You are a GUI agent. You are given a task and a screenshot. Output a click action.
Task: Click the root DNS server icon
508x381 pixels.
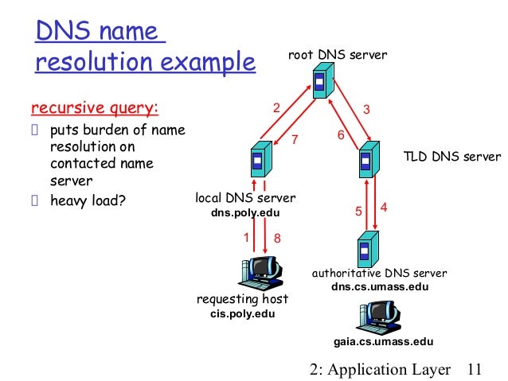coord(321,82)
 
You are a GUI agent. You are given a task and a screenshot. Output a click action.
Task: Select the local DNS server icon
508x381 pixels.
coord(258,161)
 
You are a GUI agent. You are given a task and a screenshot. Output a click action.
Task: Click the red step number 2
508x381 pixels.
coord(277,109)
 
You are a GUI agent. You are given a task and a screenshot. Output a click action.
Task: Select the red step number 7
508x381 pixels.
coord(294,140)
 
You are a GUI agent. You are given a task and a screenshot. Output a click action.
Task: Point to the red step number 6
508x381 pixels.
coord(341,135)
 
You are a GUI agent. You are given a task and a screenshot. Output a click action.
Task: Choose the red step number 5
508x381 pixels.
coord(358,212)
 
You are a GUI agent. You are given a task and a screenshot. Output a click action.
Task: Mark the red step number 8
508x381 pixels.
coord(277,238)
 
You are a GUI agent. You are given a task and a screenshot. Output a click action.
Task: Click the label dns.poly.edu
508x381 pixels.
coord(245,213)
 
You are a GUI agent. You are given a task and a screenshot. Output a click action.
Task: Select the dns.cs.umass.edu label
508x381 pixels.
coord(379,286)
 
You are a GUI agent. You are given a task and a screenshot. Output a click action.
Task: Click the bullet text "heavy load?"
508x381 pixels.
coord(88,198)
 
